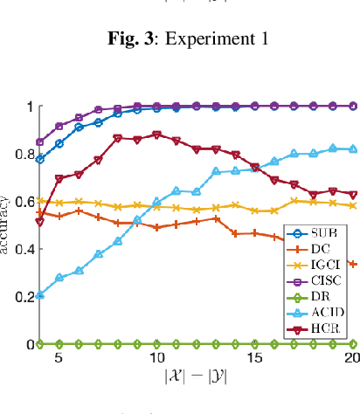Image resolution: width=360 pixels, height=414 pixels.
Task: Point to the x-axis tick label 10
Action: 156,359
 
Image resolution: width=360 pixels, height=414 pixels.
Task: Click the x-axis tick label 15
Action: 255,359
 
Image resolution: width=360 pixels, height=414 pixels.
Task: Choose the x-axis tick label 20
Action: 352,359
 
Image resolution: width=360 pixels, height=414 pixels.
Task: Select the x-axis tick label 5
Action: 59,359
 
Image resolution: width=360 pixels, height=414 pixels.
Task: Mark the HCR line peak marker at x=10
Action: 156,135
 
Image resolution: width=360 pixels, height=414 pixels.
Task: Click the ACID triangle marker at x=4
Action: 39,295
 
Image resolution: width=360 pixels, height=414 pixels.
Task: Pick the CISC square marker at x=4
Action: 39,141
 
